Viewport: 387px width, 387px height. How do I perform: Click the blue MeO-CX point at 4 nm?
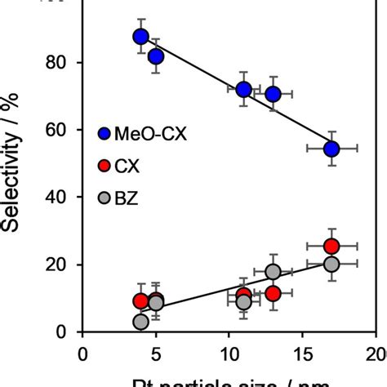(x=140, y=37)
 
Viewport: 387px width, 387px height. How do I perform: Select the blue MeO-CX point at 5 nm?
(x=155, y=56)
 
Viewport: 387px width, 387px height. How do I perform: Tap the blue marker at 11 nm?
(x=243, y=90)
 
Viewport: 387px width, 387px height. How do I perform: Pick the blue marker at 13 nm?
(x=273, y=95)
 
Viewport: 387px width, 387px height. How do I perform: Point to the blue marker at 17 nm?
(x=331, y=149)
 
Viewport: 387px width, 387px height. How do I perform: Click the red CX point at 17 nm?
(x=331, y=247)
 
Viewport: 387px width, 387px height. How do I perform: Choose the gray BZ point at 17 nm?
(x=331, y=264)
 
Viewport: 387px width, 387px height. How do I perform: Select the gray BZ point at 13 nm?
(x=273, y=272)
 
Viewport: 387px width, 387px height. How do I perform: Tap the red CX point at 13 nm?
(x=273, y=293)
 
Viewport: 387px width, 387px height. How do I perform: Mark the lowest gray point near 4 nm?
(x=140, y=322)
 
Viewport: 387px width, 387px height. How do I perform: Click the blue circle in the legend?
(x=104, y=134)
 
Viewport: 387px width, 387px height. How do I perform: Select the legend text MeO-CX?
(x=152, y=134)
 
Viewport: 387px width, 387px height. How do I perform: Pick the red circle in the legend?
(x=104, y=167)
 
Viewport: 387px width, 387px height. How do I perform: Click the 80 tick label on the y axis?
(x=57, y=63)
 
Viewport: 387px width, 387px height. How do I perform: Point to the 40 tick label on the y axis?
(x=57, y=198)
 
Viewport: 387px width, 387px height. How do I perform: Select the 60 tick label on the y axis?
(x=57, y=131)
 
